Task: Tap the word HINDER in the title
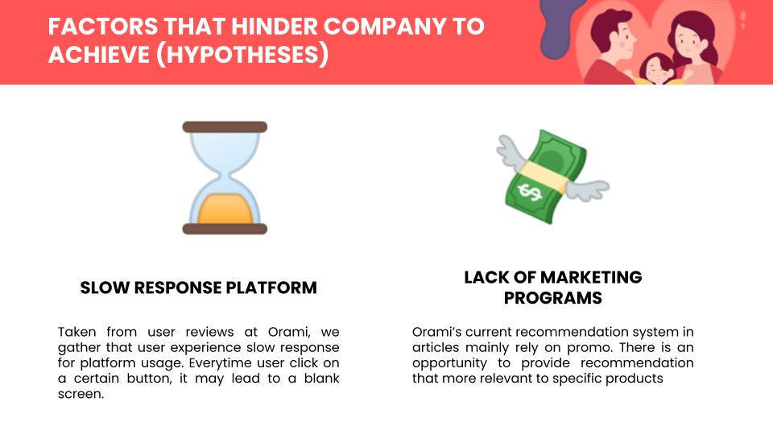pyautogui.click(x=274, y=26)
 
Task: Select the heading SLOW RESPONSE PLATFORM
pyautogui.click(x=198, y=288)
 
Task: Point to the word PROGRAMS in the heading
pyautogui.click(x=552, y=298)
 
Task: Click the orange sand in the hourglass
pyautogui.click(x=225, y=209)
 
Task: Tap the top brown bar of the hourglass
pyautogui.click(x=225, y=126)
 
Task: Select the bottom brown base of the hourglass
pyautogui.click(x=225, y=229)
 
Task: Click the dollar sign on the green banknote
pyautogui.click(x=530, y=192)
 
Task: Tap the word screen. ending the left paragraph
pyautogui.click(x=81, y=394)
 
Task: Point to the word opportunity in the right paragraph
pyautogui.click(x=449, y=363)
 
